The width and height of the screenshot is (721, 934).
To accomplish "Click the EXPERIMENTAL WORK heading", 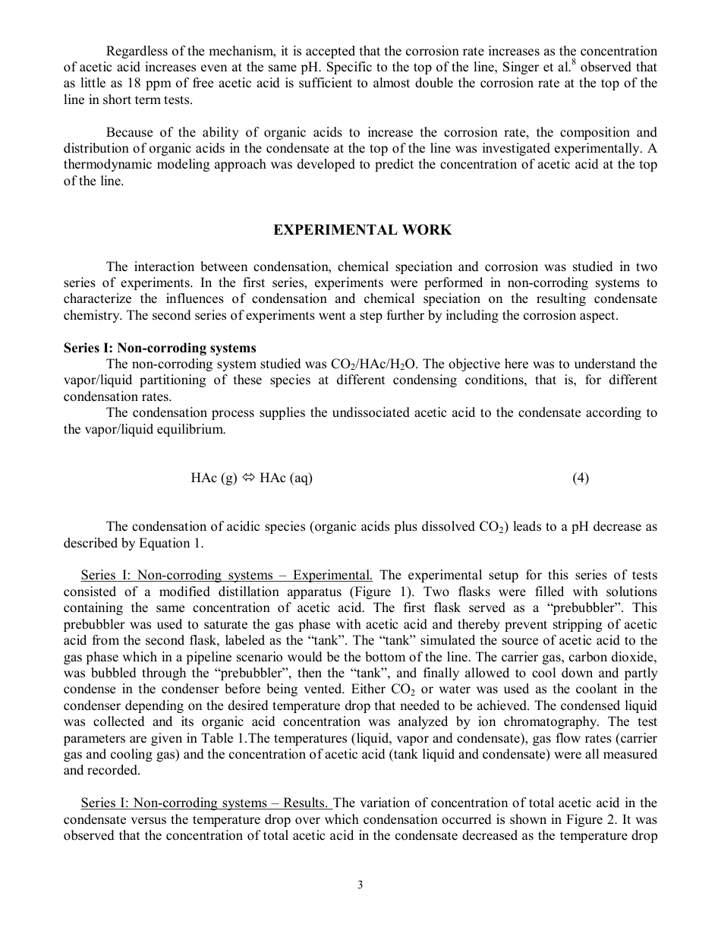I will coord(362,230).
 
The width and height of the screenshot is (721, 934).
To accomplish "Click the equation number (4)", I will coord(581,478).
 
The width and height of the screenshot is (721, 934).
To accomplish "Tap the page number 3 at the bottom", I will coord(360,885).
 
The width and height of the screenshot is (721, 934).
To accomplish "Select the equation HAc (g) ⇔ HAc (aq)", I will coord(251,478).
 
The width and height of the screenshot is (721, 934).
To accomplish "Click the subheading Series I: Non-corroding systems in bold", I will coord(159,348).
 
